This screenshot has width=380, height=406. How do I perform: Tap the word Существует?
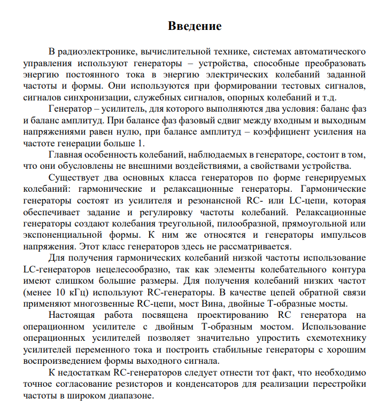[x=74, y=178]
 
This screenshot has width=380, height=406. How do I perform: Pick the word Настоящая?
[x=73, y=315]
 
